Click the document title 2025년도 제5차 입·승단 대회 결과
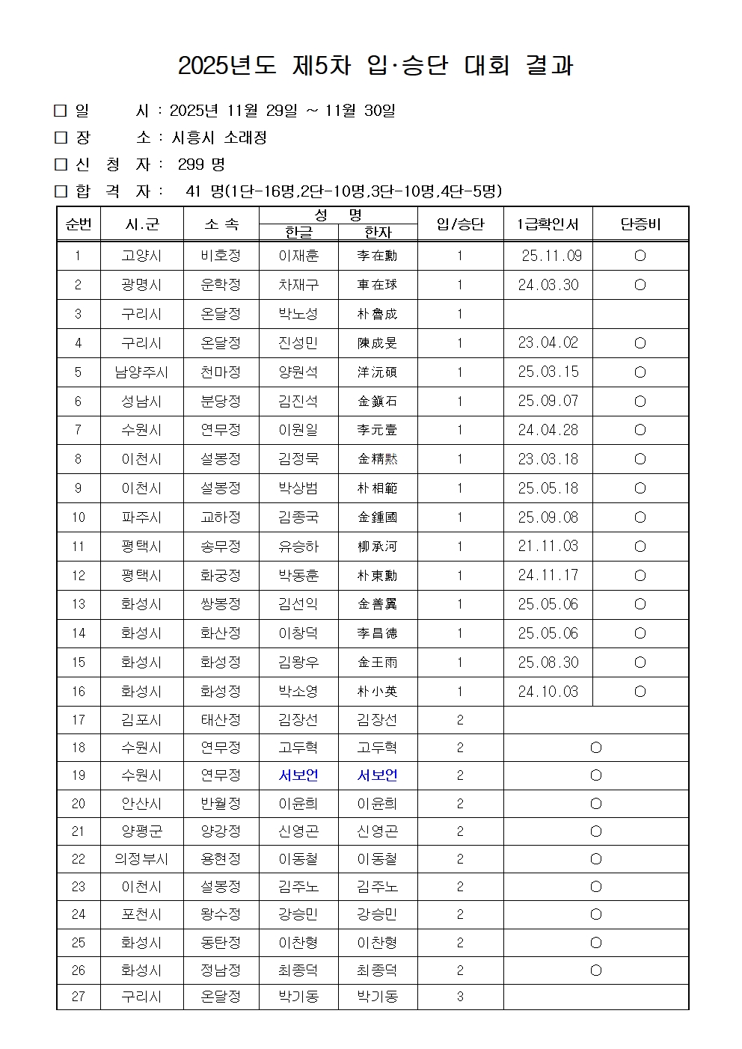pos(375,66)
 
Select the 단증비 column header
pos(640,224)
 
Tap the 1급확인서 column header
pos(548,224)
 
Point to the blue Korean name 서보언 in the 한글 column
pos(298,775)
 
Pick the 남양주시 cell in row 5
pos(141,372)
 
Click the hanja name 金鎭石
pos(377,402)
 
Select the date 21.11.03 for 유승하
pos(548,547)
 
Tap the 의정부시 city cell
pos(141,859)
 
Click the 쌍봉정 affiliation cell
pos(221,604)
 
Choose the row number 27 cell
pos(79,997)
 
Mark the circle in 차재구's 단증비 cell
pos(640,285)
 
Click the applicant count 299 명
pos(201,164)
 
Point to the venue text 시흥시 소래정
pos(219,138)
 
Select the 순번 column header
pos(79,224)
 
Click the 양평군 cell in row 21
pos(141,831)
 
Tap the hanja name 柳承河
pos(377,547)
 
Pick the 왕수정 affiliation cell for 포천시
pos(221,914)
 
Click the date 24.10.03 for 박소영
pos(548,692)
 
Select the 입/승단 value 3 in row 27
pos(460,997)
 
